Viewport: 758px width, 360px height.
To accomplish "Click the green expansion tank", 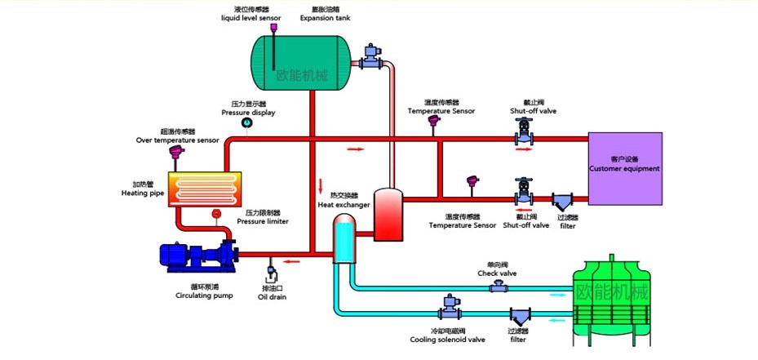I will coord(301,63).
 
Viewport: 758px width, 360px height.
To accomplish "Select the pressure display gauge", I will coord(248,123).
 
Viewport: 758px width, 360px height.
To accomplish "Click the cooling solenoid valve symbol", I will coord(449,308).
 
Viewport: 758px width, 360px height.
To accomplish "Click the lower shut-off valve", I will coord(522,193).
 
